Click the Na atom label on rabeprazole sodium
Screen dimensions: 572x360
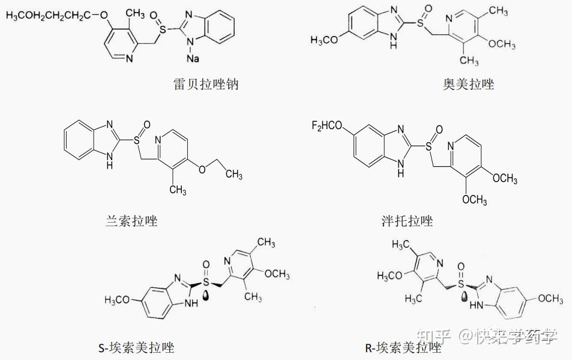[x=192, y=58]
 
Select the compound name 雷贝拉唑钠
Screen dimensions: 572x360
[x=205, y=84]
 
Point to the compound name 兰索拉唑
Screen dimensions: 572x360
[x=131, y=221]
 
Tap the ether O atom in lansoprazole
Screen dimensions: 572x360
[x=202, y=169]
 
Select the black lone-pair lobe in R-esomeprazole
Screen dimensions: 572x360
[x=465, y=295]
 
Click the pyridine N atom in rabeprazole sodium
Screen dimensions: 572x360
[x=130, y=58]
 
